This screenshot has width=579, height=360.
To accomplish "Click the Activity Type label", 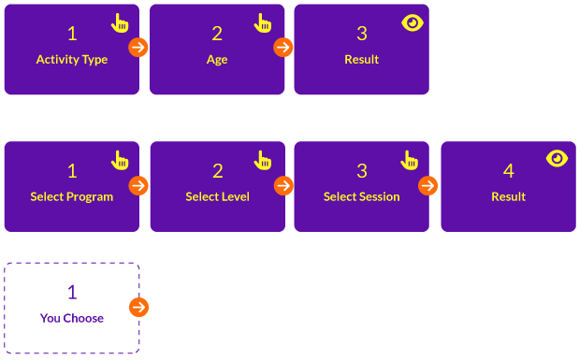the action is pos(72,60).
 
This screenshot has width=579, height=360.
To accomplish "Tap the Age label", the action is pos(217,60).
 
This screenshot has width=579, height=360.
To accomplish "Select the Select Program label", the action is pos(72,196).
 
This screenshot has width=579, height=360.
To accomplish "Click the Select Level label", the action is pos(218,196).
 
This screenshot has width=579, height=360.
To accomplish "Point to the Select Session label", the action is pos(362,196).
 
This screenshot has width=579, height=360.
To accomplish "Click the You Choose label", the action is pos(72,318).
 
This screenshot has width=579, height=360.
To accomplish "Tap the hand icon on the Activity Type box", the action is pos(120,23).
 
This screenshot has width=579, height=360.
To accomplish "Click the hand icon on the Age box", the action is pos(263,23).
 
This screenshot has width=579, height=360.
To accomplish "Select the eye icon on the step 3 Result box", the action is pos(413,22).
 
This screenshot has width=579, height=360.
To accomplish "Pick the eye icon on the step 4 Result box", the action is pos(557,158).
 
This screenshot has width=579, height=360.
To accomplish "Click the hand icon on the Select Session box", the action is pos(410,160).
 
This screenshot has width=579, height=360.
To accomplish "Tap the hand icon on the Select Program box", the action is pos(120,160).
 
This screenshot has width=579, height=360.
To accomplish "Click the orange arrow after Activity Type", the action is pos(138,48).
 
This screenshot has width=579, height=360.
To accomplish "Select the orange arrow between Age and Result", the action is pos(283,48).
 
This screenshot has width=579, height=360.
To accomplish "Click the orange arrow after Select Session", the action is pos(428,186).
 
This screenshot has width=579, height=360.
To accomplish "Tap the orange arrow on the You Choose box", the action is pos(138,308).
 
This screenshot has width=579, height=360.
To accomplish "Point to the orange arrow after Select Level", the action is pos(283,186).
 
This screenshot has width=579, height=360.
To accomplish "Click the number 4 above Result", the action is pos(509,171).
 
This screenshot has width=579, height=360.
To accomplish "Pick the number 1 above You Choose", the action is pos(72,293).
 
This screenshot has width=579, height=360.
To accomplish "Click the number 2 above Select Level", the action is pos(218,171).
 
